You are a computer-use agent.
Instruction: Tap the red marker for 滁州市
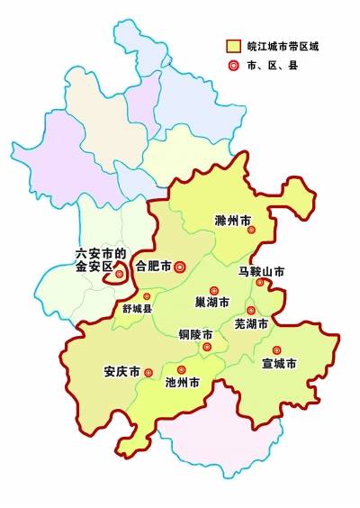click(252, 231)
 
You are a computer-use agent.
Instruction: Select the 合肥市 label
click(152, 266)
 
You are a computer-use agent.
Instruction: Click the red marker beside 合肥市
click(179, 266)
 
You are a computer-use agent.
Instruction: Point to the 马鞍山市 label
click(261, 270)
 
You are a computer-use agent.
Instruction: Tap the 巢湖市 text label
click(212, 303)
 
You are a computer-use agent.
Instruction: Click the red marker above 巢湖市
click(214, 289)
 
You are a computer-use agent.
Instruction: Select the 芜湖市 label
click(251, 323)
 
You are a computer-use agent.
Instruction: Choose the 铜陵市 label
click(195, 334)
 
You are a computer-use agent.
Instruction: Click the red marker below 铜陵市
click(207, 347)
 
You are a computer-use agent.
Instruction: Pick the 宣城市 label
click(279, 364)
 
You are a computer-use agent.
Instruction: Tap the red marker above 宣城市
click(276, 349)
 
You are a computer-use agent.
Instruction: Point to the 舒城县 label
click(139, 307)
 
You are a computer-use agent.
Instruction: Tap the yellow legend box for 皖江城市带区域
click(233, 45)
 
